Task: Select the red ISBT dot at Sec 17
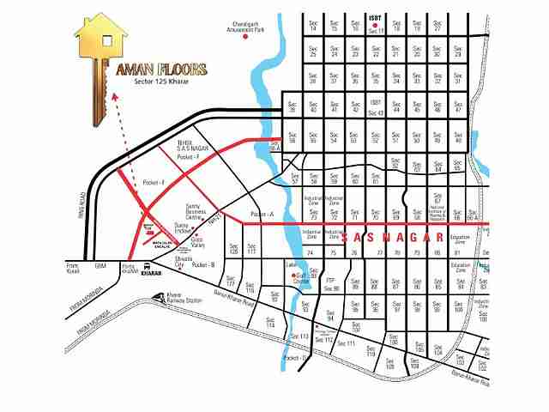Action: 375,23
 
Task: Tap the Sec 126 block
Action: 233,248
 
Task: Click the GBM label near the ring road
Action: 100,266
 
